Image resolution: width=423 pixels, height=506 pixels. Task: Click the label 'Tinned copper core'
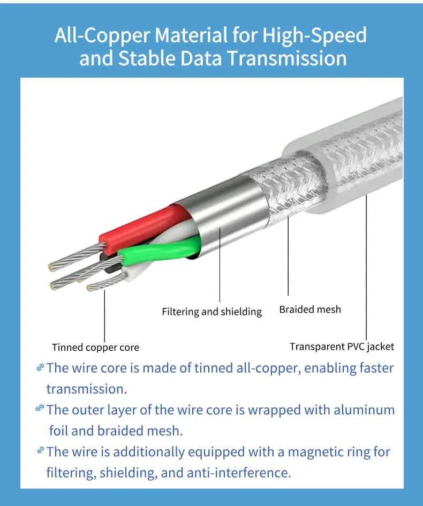pyautogui.click(x=95, y=348)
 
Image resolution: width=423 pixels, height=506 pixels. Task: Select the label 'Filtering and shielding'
pyautogui.click(x=211, y=312)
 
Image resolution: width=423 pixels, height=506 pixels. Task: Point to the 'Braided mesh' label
pyautogui.click(x=310, y=309)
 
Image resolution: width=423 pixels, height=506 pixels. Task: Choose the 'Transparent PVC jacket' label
pyautogui.click(x=342, y=346)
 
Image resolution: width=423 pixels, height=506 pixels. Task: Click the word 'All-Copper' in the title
pyautogui.click(x=102, y=36)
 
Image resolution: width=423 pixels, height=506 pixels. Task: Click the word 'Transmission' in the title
pyautogui.click(x=286, y=58)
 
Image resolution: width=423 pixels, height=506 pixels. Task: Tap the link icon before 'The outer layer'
pyautogui.click(x=40, y=409)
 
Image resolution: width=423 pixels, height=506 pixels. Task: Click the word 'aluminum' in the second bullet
pyautogui.click(x=364, y=410)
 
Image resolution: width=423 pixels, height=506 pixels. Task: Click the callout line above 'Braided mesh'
pyautogui.click(x=288, y=257)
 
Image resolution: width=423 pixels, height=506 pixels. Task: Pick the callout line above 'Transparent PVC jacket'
pyautogui.click(x=367, y=268)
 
